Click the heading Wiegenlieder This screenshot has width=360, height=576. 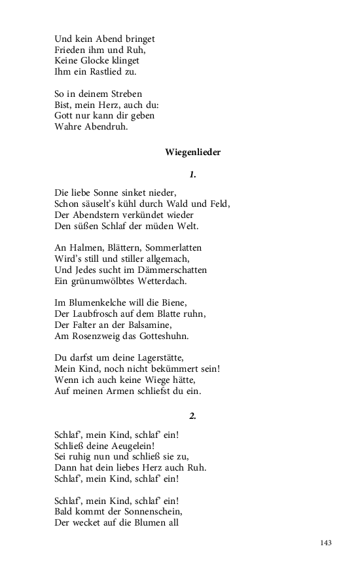tap(193, 153)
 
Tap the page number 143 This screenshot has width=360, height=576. tap(327, 543)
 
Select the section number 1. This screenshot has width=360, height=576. tap(192, 175)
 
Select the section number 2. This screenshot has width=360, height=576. tap(192, 416)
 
